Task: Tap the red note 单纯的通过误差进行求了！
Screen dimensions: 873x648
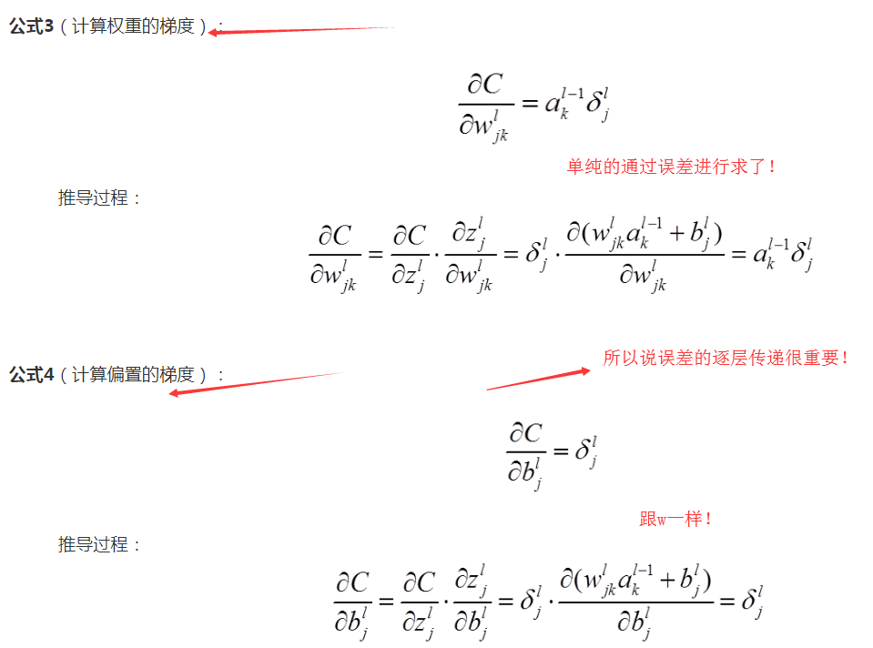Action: coord(673,167)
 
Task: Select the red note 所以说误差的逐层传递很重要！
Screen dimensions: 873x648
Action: coord(726,358)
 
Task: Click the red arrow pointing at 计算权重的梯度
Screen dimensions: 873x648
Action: coord(300,30)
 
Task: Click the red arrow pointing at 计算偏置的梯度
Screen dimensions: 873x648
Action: coord(255,383)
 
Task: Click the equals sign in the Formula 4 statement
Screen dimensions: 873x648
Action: coord(559,451)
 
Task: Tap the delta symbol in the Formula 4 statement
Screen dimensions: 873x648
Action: coord(585,450)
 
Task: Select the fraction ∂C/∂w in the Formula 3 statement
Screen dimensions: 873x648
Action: coord(486,106)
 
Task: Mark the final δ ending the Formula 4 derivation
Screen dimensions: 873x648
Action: coord(752,601)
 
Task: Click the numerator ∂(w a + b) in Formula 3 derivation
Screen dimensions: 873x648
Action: coord(644,236)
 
